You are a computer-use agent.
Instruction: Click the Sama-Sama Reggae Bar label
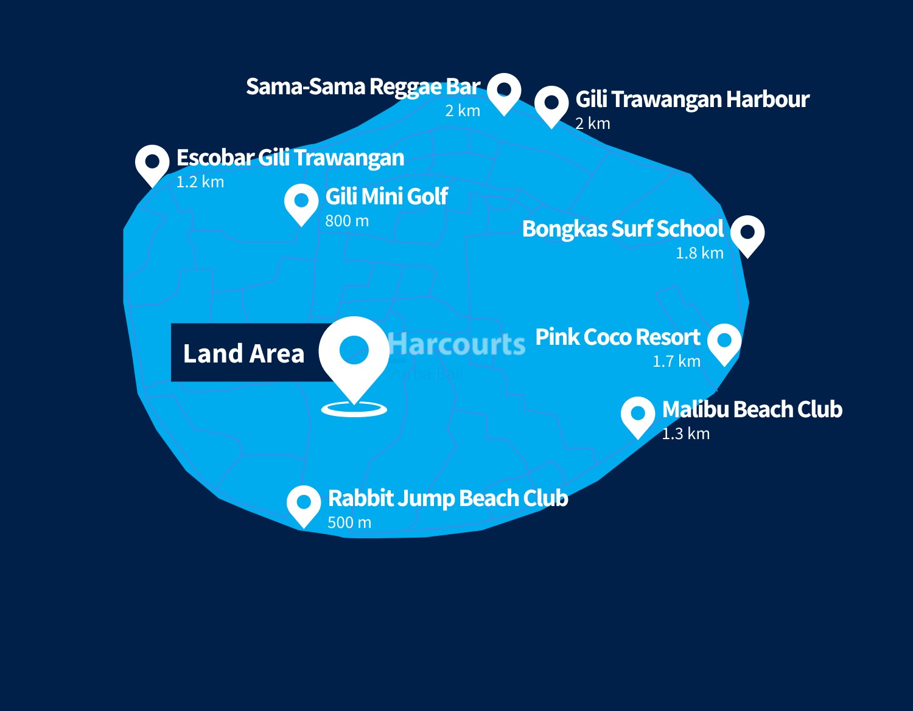(363, 87)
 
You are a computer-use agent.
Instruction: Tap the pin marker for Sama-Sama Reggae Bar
(504, 91)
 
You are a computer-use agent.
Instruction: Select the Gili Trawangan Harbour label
(692, 99)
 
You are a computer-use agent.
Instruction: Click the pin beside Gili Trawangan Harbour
(551, 104)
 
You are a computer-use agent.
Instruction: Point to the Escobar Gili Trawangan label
(290, 158)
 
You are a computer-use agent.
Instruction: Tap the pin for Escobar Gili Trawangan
(152, 163)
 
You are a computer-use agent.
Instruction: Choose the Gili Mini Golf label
(387, 196)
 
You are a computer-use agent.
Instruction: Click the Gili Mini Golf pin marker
(301, 202)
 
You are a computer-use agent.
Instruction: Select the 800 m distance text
(347, 221)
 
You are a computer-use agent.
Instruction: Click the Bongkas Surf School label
(623, 229)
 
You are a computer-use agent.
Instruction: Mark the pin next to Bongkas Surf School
(747, 234)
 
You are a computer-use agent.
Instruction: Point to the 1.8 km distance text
(699, 253)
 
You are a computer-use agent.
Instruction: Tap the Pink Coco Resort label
(617, 337)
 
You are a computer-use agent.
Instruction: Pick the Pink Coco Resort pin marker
(724, 342)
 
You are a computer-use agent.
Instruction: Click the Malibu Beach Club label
(752, 409)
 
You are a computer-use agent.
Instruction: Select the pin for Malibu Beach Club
(638, 415)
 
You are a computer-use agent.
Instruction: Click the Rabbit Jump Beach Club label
(447, 498)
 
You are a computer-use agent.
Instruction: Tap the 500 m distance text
(349, 522)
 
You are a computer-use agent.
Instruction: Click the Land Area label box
(244, 353)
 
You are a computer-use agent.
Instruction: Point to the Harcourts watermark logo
(456, 345)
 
